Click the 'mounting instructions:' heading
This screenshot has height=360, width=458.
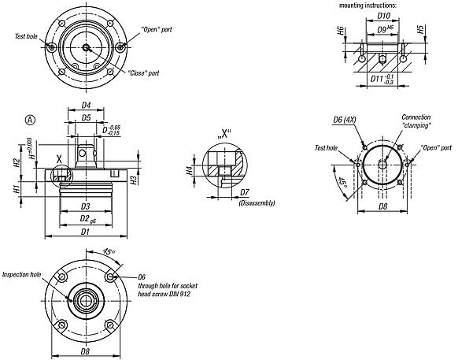(x=368, y=6)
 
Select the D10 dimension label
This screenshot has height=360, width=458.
(x=384, y=15)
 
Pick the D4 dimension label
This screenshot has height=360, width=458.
(x=86, y=105)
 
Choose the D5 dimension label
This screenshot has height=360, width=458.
(x=87, y=119)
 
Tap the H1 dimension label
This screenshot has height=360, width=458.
(x=17, y=190)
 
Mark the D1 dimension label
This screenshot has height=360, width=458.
(x=86, y=232)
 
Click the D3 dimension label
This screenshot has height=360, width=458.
(x=85, y=206)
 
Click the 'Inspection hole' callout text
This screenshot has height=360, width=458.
(x=21, y=275)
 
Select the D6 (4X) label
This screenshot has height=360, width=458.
(x=346, y=119)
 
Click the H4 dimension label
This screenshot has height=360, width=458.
(x=189, y=170)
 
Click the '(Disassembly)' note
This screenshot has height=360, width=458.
(x=255, y=203)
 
